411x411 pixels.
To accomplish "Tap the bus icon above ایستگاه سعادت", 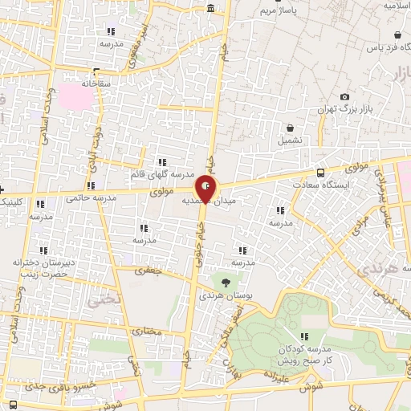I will click(321, 173).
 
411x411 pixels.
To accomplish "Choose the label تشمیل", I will click(291, 140).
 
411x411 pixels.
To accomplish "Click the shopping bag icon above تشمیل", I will click(291, 128).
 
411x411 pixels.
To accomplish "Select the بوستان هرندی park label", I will click(230, 295).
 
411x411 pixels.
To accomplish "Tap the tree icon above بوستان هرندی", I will click(226, 282).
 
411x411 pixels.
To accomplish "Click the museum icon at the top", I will click(210, 9).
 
